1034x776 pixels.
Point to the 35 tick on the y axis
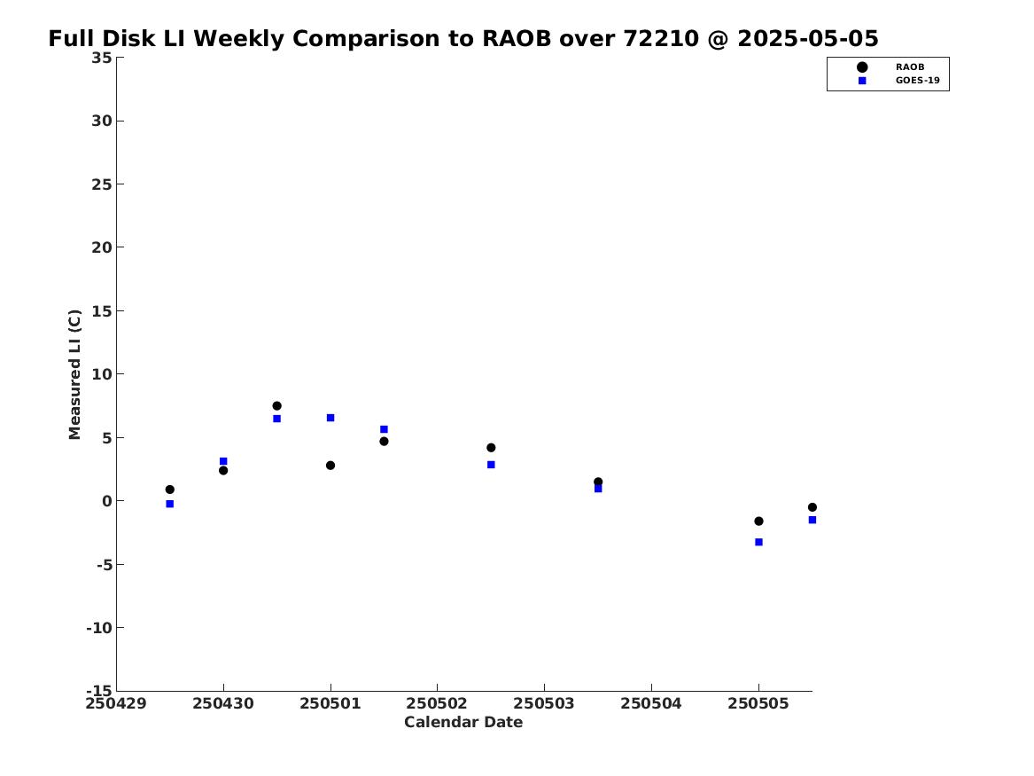click(102, 58)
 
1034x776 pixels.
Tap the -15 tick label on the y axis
click(99, 690)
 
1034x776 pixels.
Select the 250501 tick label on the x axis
click(330, 703)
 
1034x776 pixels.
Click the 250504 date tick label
click(651, 703)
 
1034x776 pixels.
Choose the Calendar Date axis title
click(463, 722)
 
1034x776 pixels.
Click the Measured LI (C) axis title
click(74, 374)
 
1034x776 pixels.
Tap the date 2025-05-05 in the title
click(808, 38)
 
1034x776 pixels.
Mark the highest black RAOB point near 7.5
click(277, 406)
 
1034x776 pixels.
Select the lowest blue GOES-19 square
click(758, 542)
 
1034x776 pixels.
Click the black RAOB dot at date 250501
click(330, 466)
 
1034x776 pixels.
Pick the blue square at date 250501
click(330, 418)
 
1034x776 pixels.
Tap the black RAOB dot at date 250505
click(758, 521)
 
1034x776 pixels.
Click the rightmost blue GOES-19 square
click(812, 520)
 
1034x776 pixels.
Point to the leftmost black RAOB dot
click(169, 490)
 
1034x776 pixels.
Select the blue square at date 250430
click(223, 461)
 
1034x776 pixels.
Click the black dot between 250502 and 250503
click(491, 447)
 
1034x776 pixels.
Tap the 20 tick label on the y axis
click(102, 247)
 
